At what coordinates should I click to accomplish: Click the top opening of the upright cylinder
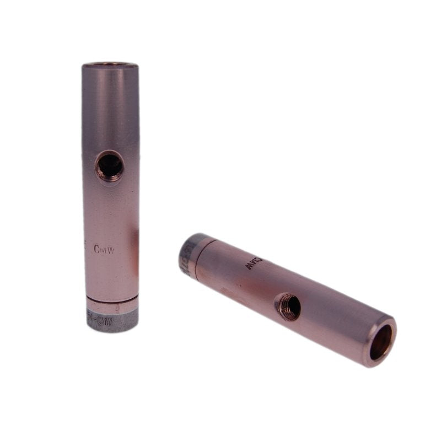point(110,65)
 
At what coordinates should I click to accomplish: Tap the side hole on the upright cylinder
point(110,165)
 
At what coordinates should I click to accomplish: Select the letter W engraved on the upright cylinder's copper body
point(112,250)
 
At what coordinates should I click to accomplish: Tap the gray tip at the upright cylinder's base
point(112,321)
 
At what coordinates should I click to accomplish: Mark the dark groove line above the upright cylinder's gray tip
point(112,302)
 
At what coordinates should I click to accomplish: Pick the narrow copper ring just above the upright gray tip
point(112,307)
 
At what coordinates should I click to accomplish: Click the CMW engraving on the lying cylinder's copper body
point(252,263)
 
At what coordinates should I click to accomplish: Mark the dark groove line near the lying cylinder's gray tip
point(197,256)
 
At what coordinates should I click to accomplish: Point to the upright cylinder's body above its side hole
point(110,110)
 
